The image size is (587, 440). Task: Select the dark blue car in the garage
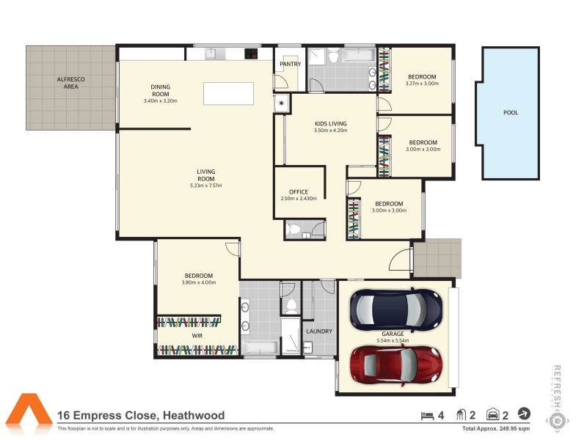pos(396,309)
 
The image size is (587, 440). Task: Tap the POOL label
pos(510,113)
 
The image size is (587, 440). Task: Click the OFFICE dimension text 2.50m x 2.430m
pos(299,199)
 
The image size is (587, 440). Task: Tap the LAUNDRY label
pos(319,331)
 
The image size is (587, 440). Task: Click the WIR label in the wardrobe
pos(197,336)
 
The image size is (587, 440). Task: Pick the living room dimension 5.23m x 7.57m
pos(205,186)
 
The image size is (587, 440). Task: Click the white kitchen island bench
pos(229,94)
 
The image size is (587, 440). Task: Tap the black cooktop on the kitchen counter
pos(251,53)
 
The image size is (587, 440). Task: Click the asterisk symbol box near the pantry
pos(281,103)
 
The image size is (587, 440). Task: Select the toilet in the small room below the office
pos(294,230)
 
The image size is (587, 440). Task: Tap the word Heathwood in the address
pos(194,416)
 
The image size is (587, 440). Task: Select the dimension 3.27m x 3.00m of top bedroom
pos(421,84)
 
